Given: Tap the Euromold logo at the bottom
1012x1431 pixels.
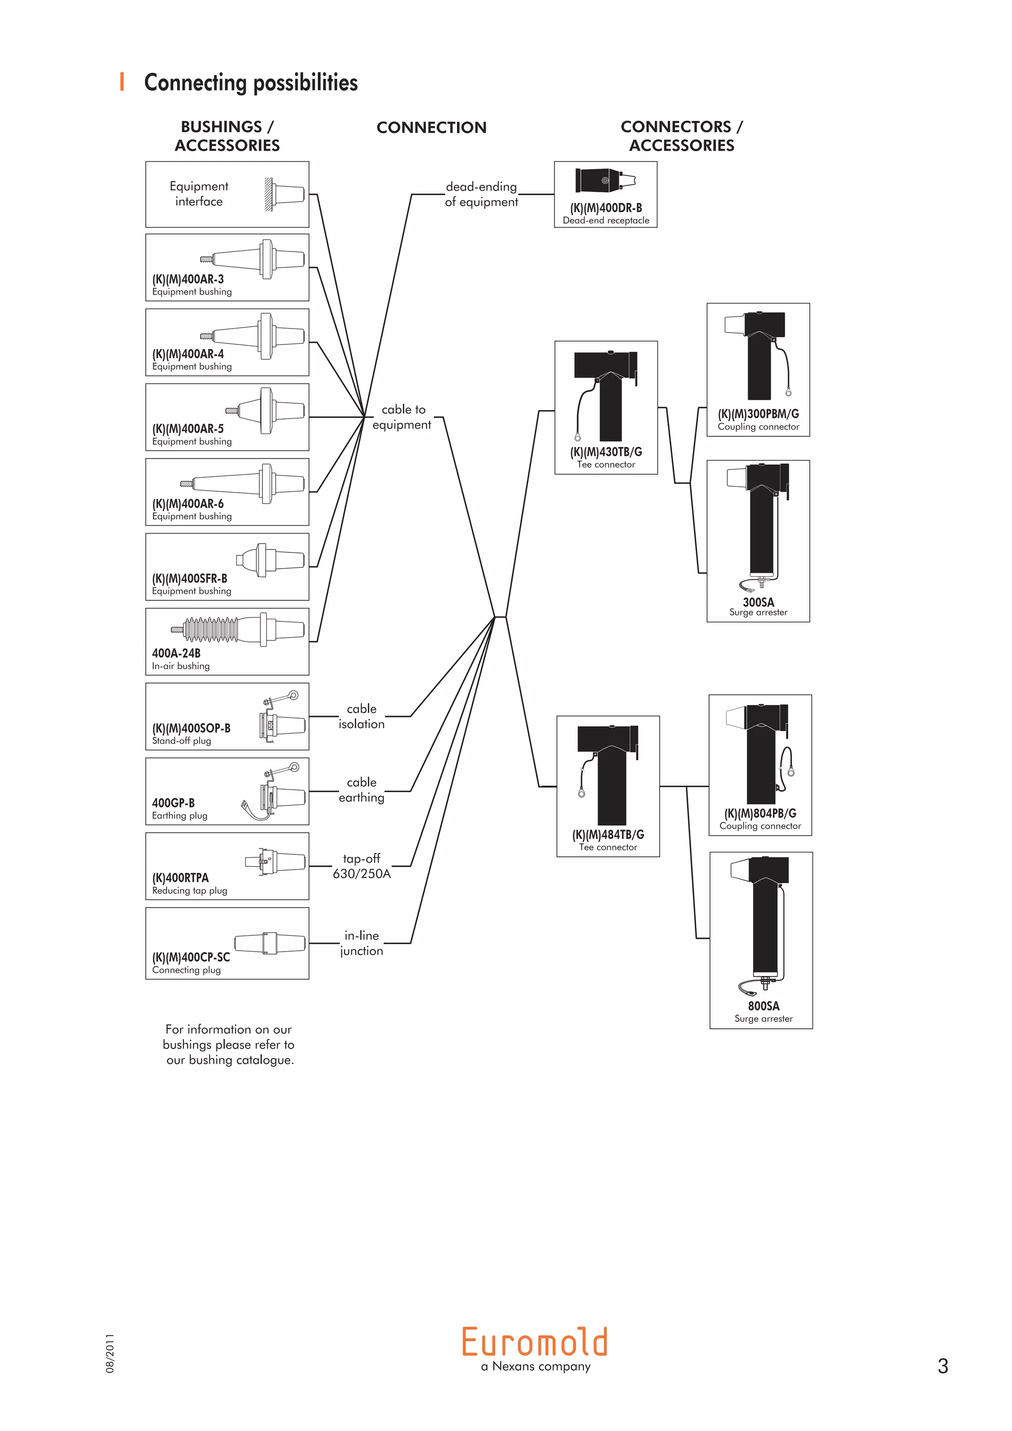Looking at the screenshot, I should [x=535, y=1343].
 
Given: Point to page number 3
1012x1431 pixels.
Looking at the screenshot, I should [x=942, y=1366].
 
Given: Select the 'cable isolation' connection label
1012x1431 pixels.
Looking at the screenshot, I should [x=361, y=716].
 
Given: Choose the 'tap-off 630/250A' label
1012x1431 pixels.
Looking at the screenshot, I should [x=361, y=866].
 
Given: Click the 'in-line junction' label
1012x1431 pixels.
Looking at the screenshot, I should [x=361, y=943].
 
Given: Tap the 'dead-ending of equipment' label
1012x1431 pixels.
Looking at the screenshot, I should [x=481, y=194].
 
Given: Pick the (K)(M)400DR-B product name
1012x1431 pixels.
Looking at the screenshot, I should [x=606, y=208].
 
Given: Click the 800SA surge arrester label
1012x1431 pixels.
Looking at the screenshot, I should [x=763, y=1006].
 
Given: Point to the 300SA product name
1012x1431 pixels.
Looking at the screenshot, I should [x=759, y=602].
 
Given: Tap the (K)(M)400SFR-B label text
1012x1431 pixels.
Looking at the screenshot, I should [x=189, y=579].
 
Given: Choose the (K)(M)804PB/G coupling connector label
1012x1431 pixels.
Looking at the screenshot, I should [x=760, y=813].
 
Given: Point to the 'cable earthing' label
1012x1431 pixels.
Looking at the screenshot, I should [x=361, y=790].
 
